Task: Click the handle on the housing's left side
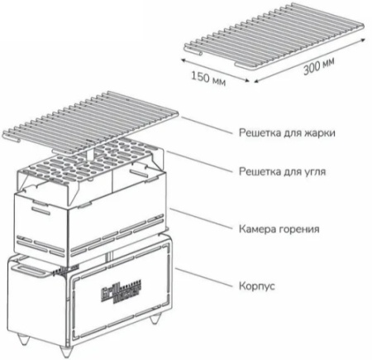coord(29,269)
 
